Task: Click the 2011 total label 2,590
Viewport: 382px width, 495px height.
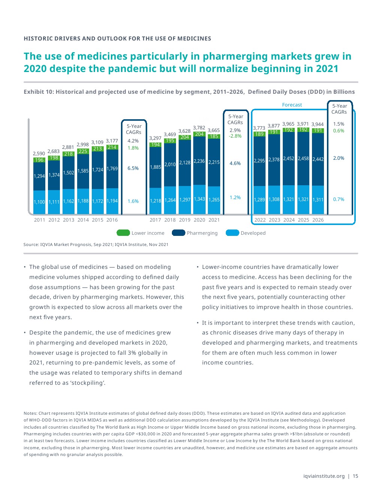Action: [39, 153]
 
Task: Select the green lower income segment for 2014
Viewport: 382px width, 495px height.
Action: [83, 151]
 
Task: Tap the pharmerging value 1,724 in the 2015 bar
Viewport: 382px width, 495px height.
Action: [98, 170]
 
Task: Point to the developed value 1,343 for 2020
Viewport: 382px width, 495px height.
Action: [199, 199]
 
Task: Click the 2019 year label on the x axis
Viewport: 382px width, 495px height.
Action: [185, 220]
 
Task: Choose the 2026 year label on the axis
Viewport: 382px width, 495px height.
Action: [318, 220]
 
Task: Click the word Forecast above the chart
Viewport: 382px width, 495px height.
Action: [292, 105]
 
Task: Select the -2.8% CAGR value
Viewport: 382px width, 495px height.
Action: [235, 136]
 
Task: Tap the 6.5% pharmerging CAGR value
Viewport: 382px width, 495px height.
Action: [133, 168]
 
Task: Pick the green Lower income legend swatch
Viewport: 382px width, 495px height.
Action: [123, 233]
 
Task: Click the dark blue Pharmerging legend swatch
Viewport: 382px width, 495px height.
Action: [178, 233]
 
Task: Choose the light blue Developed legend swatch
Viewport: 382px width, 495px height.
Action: [232, 233]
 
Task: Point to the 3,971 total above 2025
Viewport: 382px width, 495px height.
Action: [303, 124]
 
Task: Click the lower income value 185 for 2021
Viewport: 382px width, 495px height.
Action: [214, 136]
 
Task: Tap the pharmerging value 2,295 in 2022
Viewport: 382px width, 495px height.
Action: [260, 160]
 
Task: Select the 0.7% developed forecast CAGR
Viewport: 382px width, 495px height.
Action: [339, 199]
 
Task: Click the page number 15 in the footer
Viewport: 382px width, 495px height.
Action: [355, 476]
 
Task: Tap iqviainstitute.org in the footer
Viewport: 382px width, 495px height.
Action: [324, 476]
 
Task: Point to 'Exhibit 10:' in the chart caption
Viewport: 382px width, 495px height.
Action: [39, 92]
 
